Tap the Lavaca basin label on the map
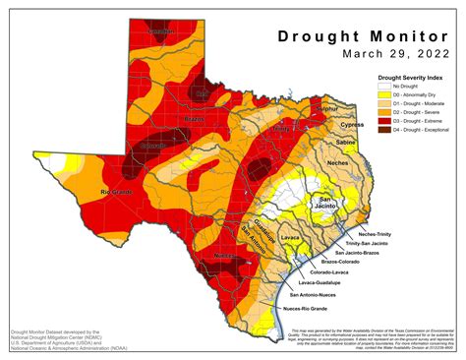(290, 237)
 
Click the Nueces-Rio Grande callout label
(308, 311)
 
